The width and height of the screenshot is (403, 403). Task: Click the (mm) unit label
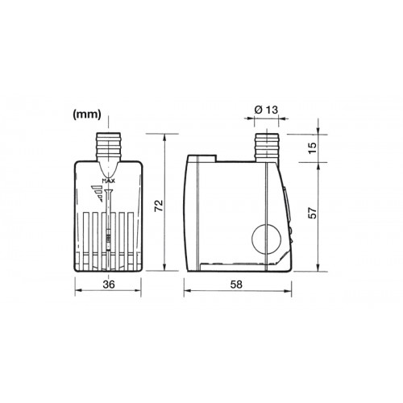[86, 114]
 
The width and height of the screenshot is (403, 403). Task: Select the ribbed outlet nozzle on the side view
[266, 147]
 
